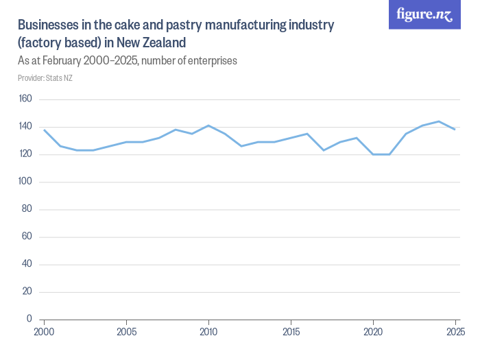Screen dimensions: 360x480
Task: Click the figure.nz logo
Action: (424, 14)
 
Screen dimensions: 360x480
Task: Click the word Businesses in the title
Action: (47, 26)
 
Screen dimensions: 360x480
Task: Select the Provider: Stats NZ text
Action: (45, 78)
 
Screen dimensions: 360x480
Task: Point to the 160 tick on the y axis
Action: (25, 99)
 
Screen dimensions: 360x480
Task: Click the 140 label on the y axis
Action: (25, 127)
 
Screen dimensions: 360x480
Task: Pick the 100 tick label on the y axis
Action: (25, 182)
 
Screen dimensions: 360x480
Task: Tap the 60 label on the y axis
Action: (27, 237)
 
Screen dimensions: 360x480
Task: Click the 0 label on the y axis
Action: (30, 319)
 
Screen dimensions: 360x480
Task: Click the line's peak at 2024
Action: (439, 121)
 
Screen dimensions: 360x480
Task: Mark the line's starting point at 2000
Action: (45, 130)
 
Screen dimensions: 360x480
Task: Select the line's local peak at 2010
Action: (208, 125)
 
